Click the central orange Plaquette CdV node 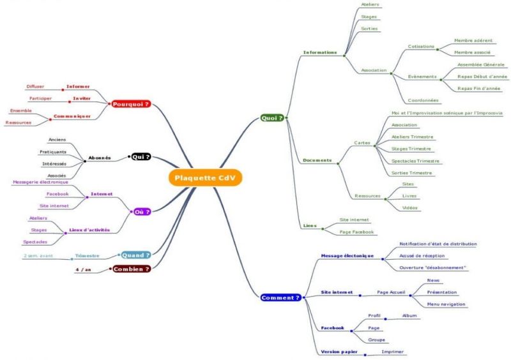(x=205, y=178)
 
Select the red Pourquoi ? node (x=131, y=104)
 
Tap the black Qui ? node (x=141, y=157)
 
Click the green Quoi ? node (x=272, y=118)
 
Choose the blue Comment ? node (x=281, y=297)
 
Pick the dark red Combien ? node (x=132, y=269)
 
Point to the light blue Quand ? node (x=136, y=255)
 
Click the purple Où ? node (x=142, y=212)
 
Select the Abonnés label (x=100, y=158)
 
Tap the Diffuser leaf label (x=35, y=86)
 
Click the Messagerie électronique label (x=40, y=182)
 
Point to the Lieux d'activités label (x=89, y=230)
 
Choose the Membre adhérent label (x=473, y=40)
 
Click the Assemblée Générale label (x=481, y=64)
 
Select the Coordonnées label (x=423, y=100)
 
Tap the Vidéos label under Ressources (x=409, y=207)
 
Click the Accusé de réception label (x=422, y=256)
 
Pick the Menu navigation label (x=446, y=304)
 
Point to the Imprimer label (x=393, y=352)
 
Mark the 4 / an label (x=84, y=269)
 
